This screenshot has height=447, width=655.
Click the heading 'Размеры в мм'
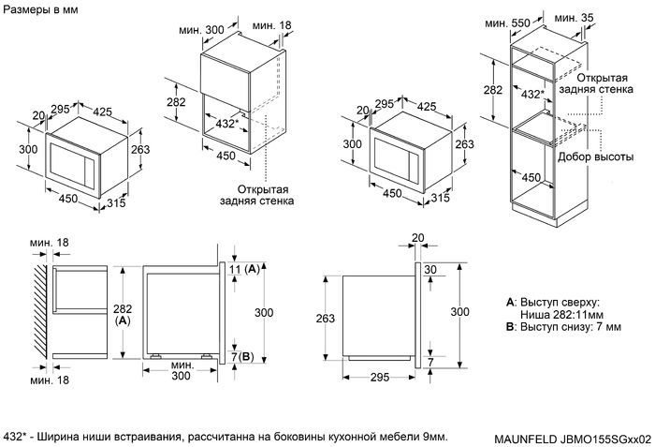(x=41, y=9)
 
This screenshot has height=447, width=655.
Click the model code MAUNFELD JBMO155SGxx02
(x=571, y=439)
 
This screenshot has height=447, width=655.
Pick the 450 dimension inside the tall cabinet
(x=531, y=178)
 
